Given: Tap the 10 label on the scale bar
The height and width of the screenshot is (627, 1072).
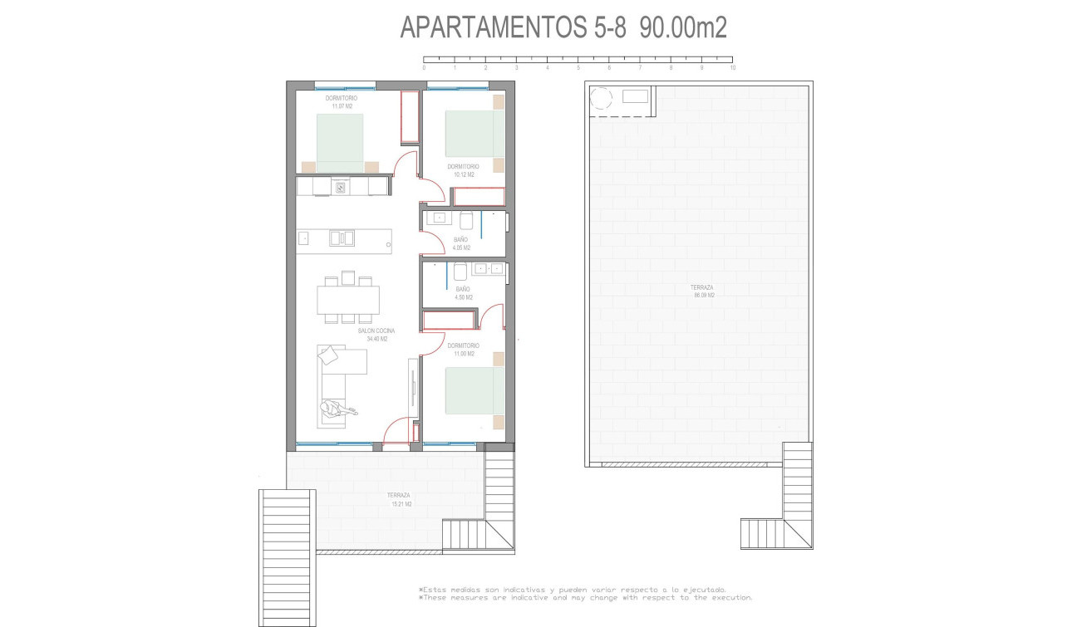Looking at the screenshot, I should click(x=732, y=68).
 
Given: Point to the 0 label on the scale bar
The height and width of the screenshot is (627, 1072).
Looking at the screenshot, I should click(x=424, y=68).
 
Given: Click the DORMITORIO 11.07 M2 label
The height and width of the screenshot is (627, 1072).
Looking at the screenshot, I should click(x=341, y=102).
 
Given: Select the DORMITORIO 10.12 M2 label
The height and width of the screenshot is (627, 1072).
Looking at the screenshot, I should click(x=464, y=170).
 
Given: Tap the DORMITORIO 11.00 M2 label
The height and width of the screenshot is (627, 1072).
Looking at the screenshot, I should click(x=464, y=350).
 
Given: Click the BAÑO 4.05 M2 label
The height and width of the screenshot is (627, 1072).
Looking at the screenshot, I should click(x=461, y=243).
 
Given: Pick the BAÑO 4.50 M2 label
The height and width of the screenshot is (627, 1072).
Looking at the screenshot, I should click(x=464, y=292).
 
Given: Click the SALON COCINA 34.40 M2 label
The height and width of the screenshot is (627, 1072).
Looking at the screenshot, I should click(x=376, y=335).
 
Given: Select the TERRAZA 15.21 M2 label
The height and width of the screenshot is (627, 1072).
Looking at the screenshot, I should click(x=399, y=499).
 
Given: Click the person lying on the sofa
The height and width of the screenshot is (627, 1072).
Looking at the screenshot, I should click(x=336, y=408).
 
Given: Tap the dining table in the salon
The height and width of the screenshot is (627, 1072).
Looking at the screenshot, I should click(x=348, y=300).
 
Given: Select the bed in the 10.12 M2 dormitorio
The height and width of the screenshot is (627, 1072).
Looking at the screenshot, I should click(x=475, y=133).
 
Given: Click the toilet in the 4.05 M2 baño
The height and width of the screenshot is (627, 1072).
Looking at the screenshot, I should click(x=467, y=220).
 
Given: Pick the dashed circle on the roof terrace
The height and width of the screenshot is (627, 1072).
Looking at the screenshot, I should click(x=600, y=99).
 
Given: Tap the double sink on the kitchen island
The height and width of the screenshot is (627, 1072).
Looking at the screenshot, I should click(x=342, y=238).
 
